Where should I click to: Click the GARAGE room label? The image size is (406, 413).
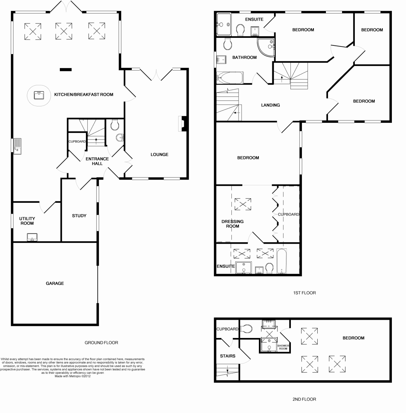[x=55, y=284]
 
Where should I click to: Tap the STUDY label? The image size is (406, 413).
[x=79, y=216]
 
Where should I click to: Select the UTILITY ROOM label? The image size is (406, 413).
[x=27, y=221]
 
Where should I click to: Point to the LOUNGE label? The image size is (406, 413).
[x=160, y=155]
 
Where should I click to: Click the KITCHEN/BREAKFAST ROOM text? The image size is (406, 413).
[x=84, y=95]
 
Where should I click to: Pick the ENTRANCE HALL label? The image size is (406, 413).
[x=97, y=161]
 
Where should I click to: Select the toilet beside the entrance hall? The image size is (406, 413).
[x=115, y=125]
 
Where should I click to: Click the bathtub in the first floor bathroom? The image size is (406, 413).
[x=230, y=78]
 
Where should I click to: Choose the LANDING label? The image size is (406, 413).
[x=271, y=105]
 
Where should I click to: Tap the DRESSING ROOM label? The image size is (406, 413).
[x=232, y=224]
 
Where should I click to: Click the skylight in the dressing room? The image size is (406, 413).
[x=242, y=203]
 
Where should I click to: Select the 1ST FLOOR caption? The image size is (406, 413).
[x=304, y=293]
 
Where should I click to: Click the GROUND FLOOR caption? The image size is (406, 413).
[x=101, y=343]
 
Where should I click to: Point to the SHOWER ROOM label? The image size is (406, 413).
[x=283, y=347]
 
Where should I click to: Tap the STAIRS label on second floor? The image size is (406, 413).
[x=228, y=356]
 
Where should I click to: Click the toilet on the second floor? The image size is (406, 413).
[x=246, y=329]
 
